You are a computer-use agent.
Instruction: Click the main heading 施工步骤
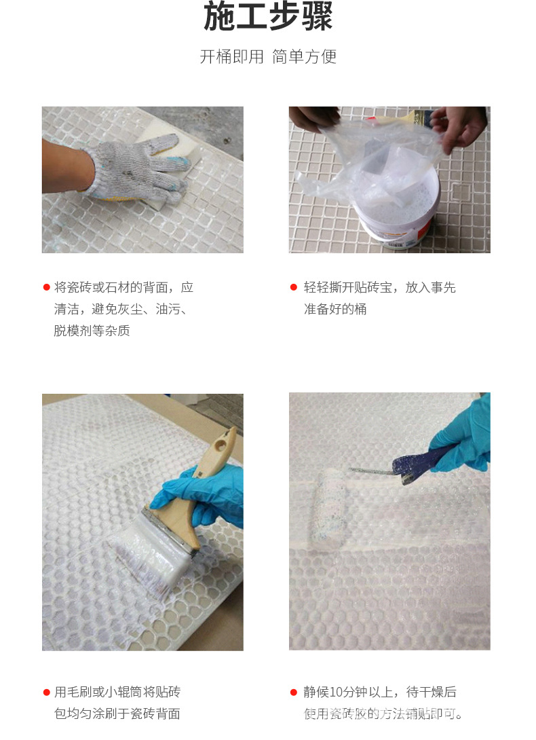coord(268,18)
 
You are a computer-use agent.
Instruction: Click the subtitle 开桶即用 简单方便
coord(268,56)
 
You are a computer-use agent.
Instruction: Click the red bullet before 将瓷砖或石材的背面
coord(46,287)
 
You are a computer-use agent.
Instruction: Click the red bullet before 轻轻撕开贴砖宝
coord(294,287)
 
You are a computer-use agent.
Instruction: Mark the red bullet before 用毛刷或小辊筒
coord(46,692)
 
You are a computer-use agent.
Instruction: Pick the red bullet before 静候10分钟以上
coord(294,692)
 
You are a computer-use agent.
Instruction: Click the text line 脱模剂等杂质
coord(92,331)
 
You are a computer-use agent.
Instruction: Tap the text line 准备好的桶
coord(335,309)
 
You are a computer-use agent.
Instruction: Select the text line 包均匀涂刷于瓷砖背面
coord(117,714)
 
